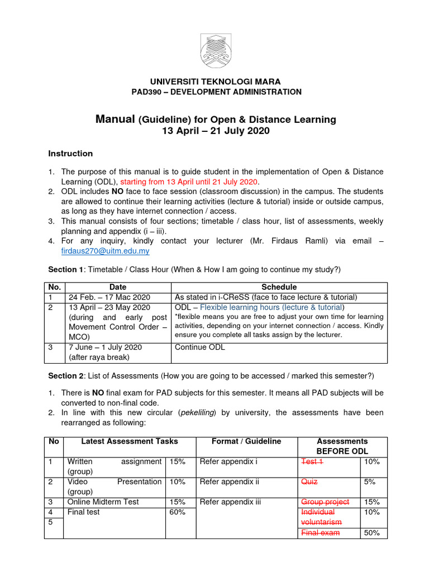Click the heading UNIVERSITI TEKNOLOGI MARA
214,82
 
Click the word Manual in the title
115,119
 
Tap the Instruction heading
70,154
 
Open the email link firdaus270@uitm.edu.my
106,251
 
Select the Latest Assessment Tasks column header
130,441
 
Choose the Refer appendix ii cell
228,482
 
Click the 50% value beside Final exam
372,533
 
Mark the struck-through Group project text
325,502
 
